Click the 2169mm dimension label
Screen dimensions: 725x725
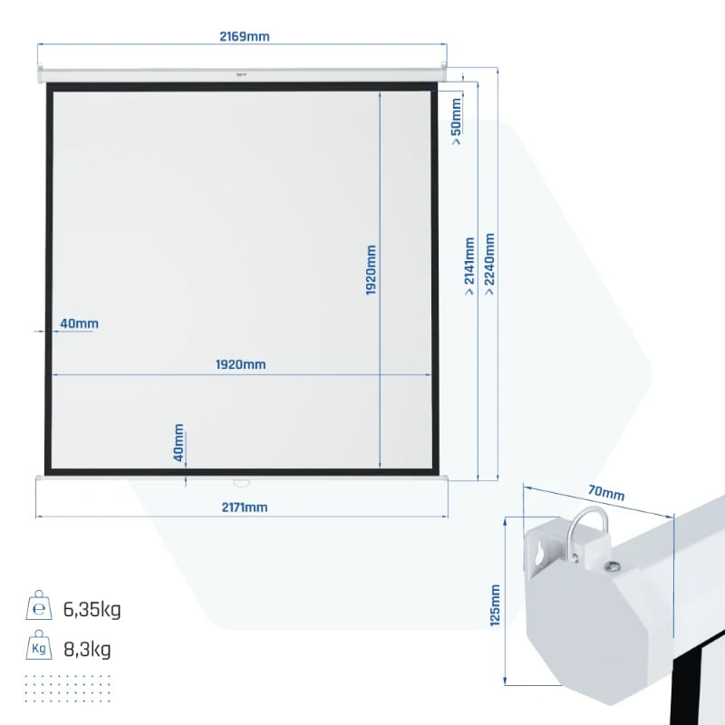tap(244, 36)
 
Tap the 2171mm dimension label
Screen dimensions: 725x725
tap(245, 507)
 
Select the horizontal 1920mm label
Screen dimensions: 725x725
tap(240, 364)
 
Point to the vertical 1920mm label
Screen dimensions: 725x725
tap(371, 270)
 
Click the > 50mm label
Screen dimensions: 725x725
tap(456, 121)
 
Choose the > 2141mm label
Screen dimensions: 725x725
tap(469, 266)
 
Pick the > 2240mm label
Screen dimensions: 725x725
tap(488, 264)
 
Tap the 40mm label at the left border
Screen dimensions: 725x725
tap(79, 324)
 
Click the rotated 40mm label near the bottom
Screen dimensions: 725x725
tap(179, 442)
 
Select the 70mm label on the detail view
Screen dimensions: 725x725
tap(606, 492)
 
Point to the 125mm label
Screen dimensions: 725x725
tap(495, 605)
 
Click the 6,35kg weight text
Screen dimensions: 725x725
tap(92, 609)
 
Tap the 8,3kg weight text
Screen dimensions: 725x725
tap(87, 649)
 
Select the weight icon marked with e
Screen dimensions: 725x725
tap(39, 604)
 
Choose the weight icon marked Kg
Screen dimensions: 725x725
tap(39, 644)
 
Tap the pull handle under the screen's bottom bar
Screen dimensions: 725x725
tap(241, 483)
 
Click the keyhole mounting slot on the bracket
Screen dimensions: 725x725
tap(539, 555)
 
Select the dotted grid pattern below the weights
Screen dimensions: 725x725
tap(67, 689)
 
